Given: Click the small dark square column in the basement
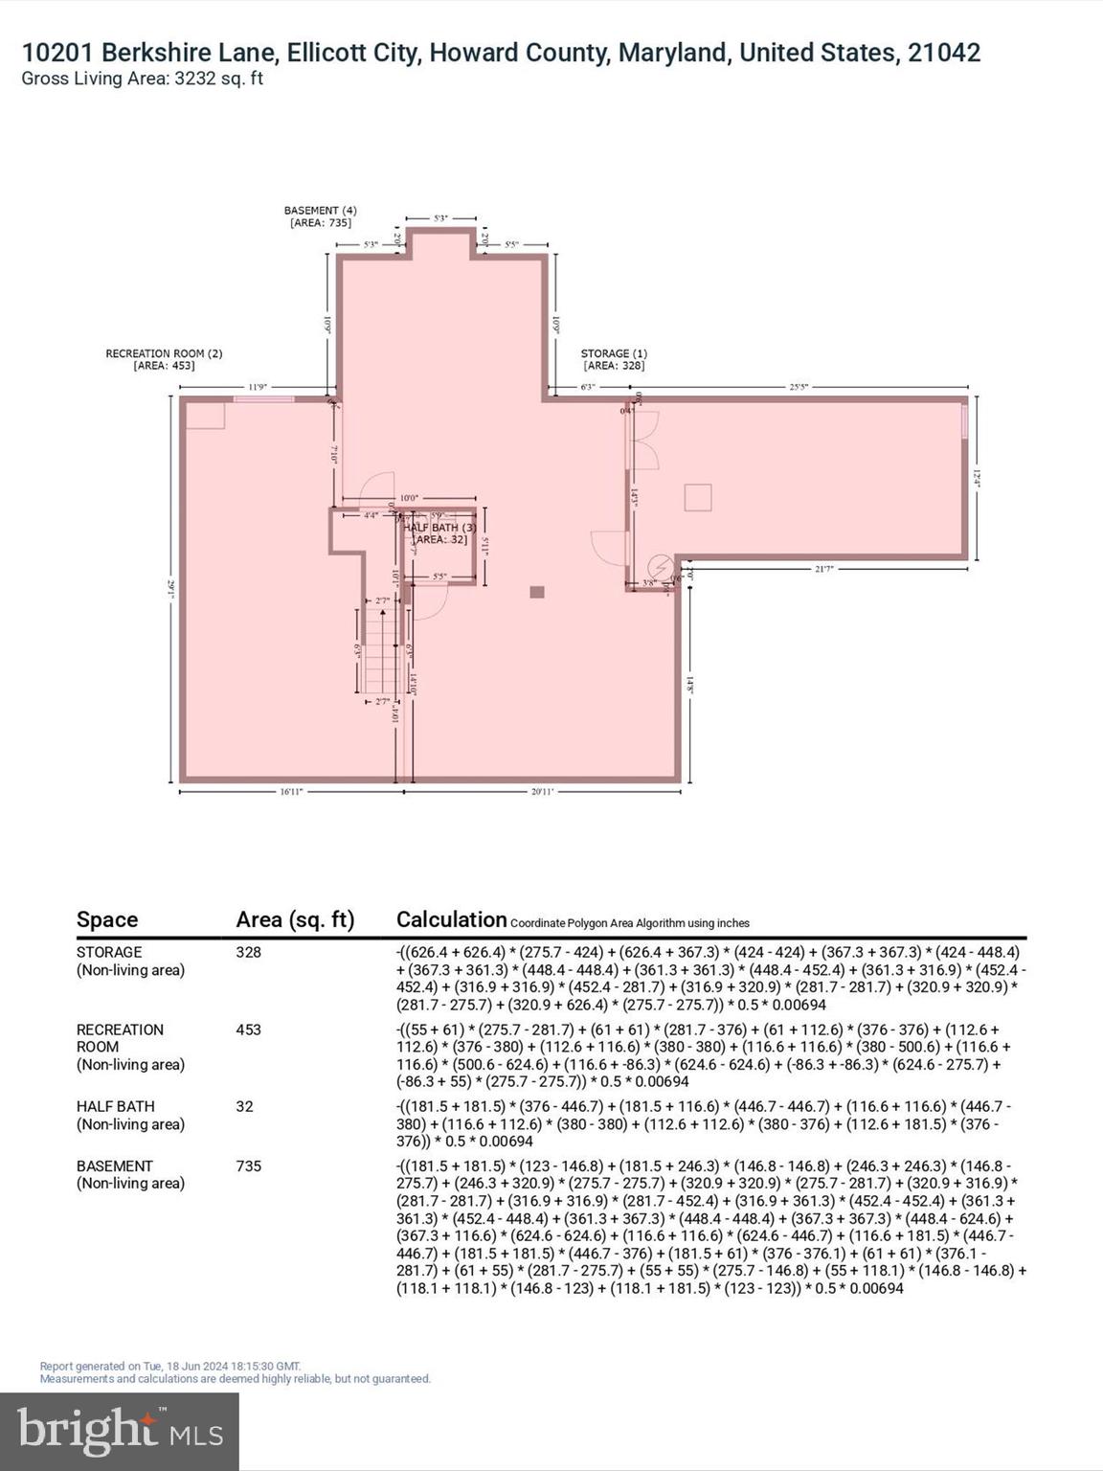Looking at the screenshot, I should [537, 593].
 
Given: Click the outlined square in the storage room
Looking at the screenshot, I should [698, 498].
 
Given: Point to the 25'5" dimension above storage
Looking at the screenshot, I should [799, 387].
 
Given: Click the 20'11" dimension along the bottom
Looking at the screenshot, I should [542, 791].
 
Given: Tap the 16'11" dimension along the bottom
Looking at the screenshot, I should [291, 791].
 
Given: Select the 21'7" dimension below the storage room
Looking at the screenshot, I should [823, 569].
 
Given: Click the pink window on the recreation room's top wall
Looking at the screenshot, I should [263, 398].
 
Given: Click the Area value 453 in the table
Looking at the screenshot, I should [248, 1030].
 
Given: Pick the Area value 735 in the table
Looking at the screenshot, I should [248, 1165].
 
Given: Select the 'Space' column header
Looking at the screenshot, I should [107, 919].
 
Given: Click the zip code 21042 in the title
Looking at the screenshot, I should [944, 53].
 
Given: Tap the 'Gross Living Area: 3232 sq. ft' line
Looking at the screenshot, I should [142, 79].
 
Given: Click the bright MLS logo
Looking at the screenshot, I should [120, 1431].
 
